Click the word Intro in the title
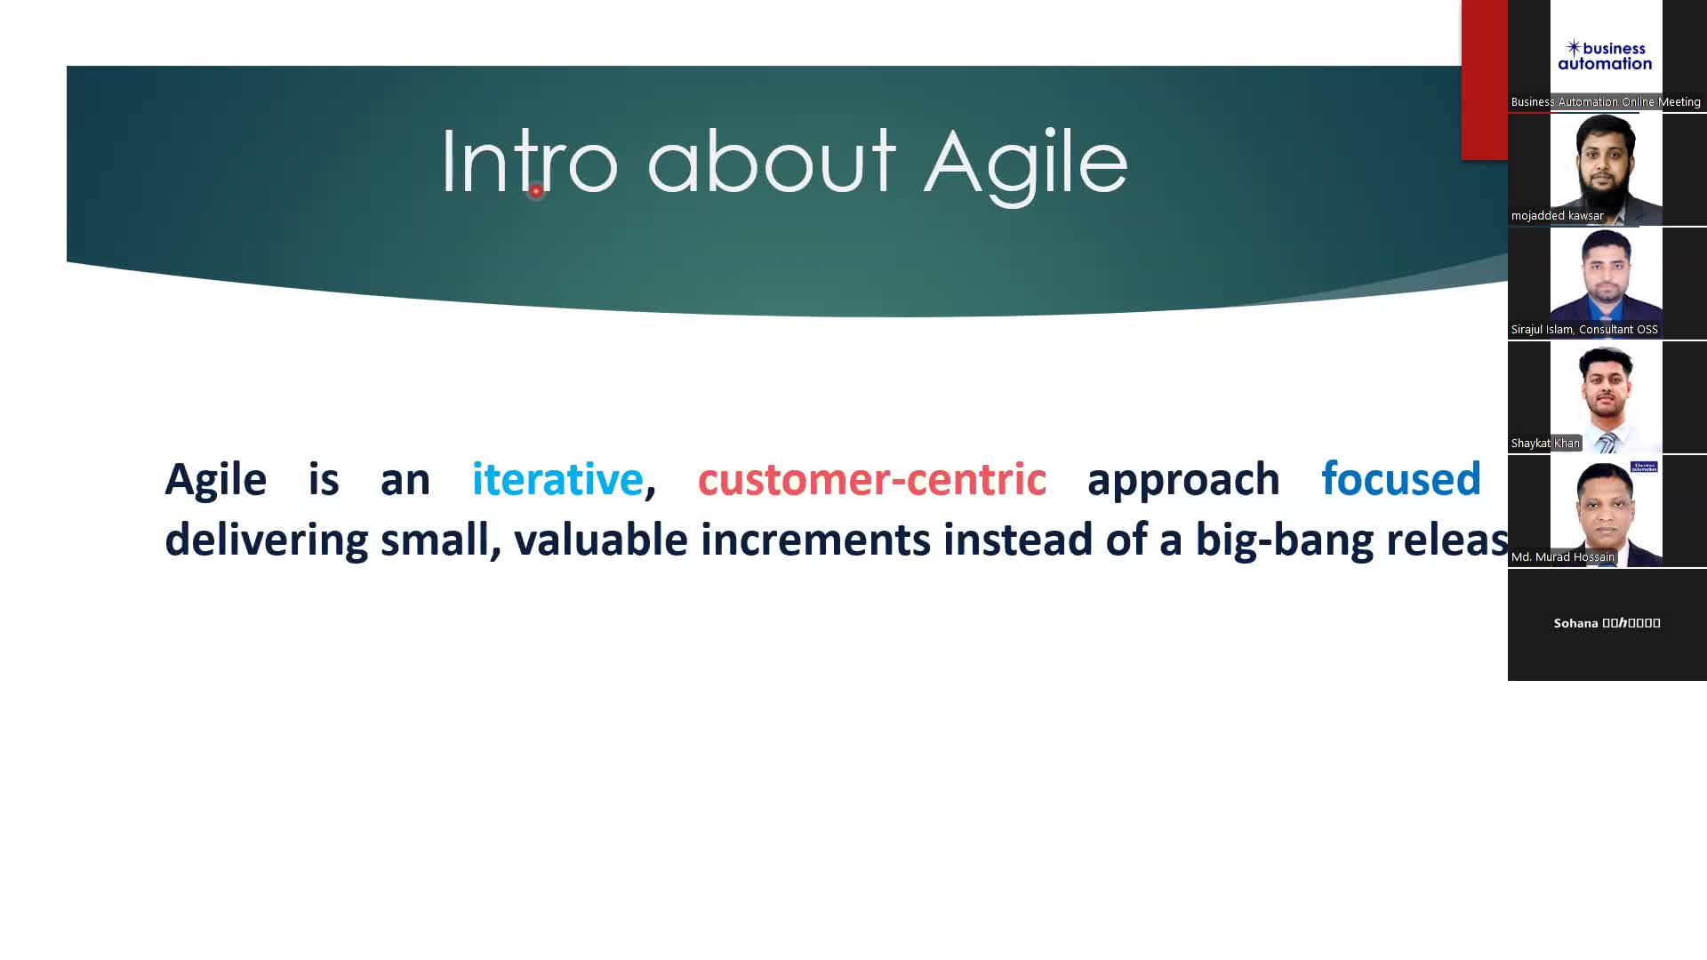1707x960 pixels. pos(528,162)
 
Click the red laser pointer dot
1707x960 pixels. pos(535,191)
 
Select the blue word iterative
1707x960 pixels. pos(557,479)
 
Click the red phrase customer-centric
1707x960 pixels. pos(871,480)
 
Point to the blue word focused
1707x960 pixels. pos(1400,479)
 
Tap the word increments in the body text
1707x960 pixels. pos(814,540)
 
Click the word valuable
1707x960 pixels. pos(600,540)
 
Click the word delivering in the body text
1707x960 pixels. pos(266,540)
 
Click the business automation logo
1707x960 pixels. pos(1605,55)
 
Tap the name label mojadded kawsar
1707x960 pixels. pos(1557,216)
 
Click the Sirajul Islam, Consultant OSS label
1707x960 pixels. pos(1583,330)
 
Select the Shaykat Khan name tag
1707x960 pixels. pos(1545,444)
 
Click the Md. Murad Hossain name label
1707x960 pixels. pos(1562,557)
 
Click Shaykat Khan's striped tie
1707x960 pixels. pos(1607,442)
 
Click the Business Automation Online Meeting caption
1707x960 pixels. pos(1605,102)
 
